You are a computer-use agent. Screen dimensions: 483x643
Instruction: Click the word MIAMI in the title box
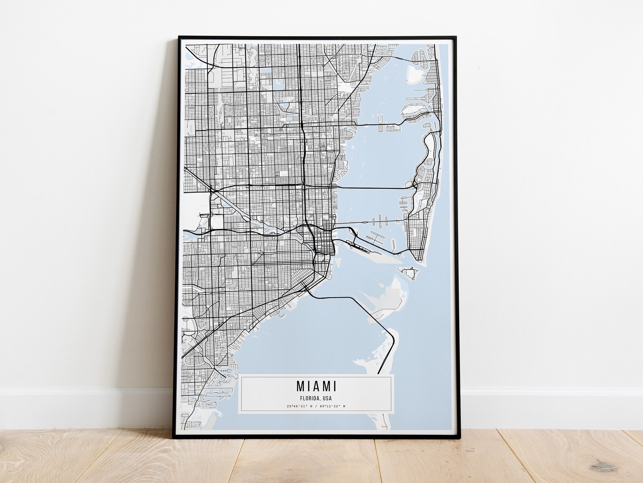coord(316,386)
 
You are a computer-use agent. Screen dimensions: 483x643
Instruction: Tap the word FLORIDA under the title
coord(309,398)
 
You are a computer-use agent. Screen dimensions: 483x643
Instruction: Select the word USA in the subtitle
coord(327,398)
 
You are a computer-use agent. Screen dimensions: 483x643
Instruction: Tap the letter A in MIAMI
coord(313,386)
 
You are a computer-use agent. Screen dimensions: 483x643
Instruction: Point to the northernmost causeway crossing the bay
coord(385,123)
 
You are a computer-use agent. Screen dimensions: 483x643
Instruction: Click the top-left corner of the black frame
coord(179,37)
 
